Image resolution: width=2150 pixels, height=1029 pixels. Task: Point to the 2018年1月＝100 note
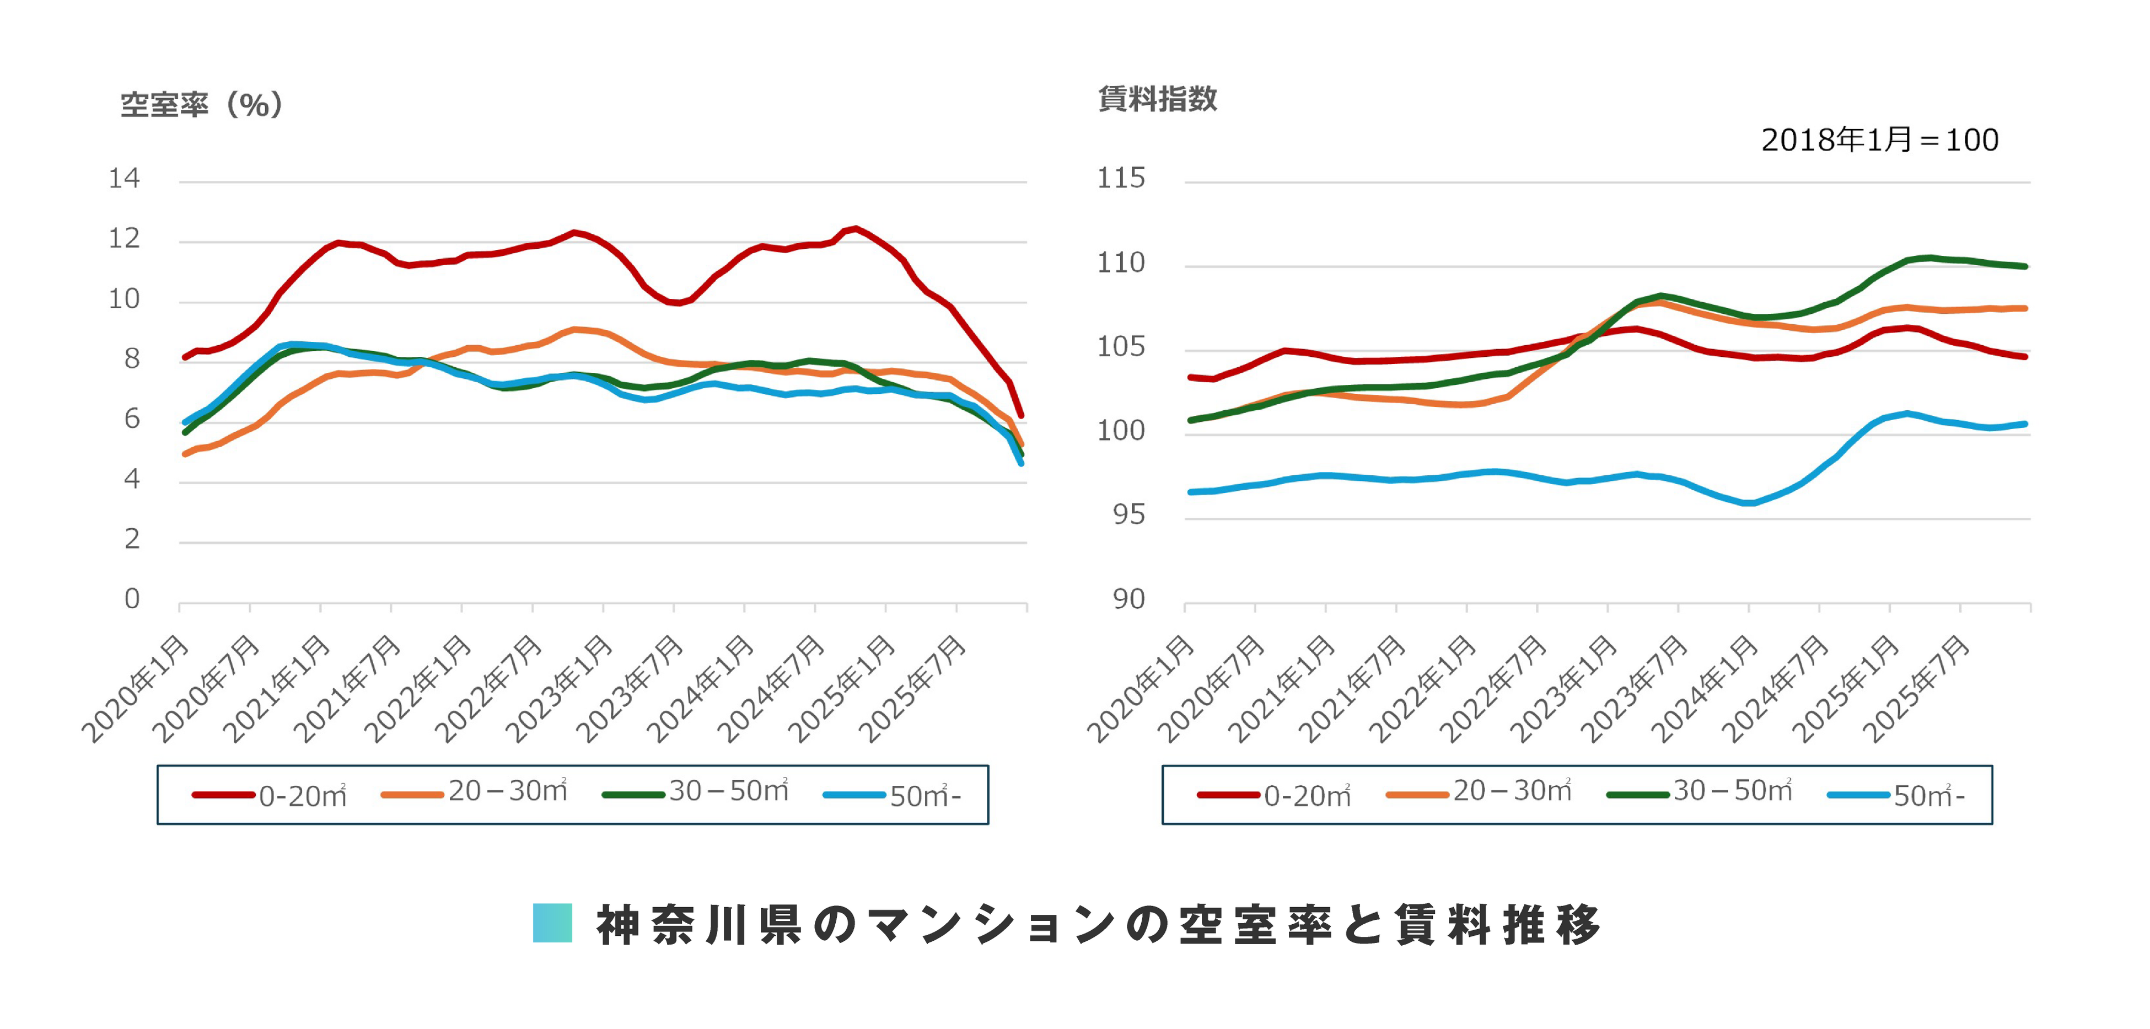(x=1879, y=140)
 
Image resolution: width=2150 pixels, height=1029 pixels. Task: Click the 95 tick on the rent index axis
(x=1128, y=515)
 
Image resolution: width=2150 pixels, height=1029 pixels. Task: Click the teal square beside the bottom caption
(x=552, y=923)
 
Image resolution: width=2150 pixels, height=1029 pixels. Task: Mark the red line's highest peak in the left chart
(x=856, y=229)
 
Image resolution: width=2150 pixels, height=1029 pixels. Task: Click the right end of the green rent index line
(x=2025, y=266)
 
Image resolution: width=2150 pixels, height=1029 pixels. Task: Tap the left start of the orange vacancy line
(x=185, y=454)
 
